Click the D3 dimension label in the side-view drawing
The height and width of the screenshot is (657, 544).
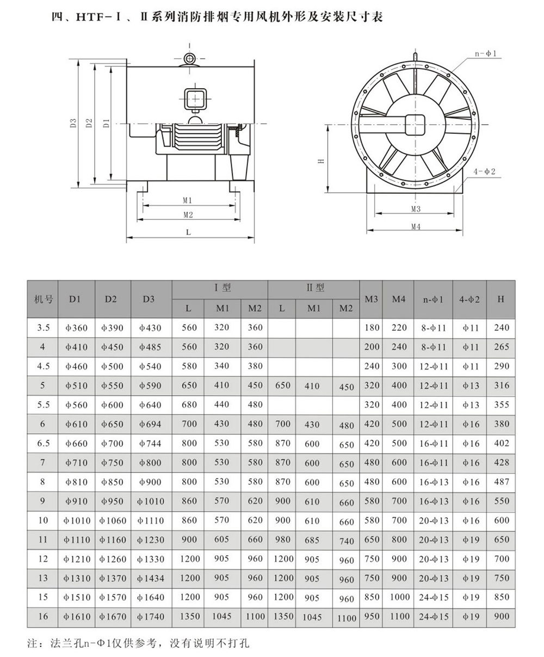pos(73,123)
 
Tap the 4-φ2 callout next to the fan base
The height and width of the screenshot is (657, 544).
pos(484,171)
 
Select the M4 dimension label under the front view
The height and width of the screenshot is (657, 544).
pos(416,227)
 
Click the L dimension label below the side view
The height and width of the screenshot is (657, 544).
pos(188,232)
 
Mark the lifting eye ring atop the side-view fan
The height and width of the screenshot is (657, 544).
pos(189,59)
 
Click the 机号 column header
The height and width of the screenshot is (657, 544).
pos(44,299)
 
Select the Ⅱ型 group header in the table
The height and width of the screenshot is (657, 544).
pos(315,288)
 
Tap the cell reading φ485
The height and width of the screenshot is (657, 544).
pos(151,347)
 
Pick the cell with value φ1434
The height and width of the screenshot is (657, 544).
pos(151,578)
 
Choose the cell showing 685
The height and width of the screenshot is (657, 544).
pos(312,541)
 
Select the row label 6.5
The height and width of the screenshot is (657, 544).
pos(44,444)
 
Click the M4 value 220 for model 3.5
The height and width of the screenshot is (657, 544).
pos(399,328)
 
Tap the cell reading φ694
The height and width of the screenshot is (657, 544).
pos(151,424)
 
